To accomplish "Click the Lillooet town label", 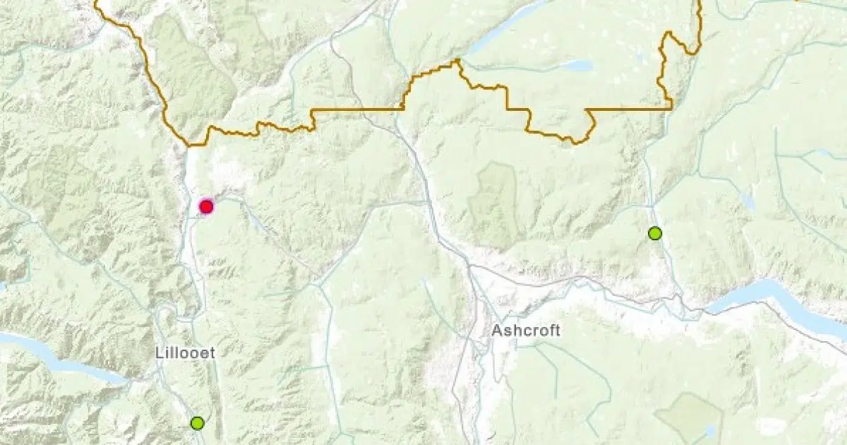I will pyautogui.click(x=185, y=352).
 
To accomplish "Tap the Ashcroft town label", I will pyautogui.click(x=526, y=330).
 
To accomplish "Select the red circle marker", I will pyautogui.click(x=206, y=206).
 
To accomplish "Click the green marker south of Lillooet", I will pyautogui.click(x=197, y=422).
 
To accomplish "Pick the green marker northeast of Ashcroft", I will pyautogui.click(x=656, y=233).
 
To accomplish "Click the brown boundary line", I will pyautogui.click(x=353, y=109).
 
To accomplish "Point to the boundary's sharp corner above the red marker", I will pyautogui.click(x=189, y=145).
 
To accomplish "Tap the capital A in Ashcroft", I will pyautogui.click(x=497, y=330).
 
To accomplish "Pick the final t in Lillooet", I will pyautogui.click(x=212, y=352).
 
